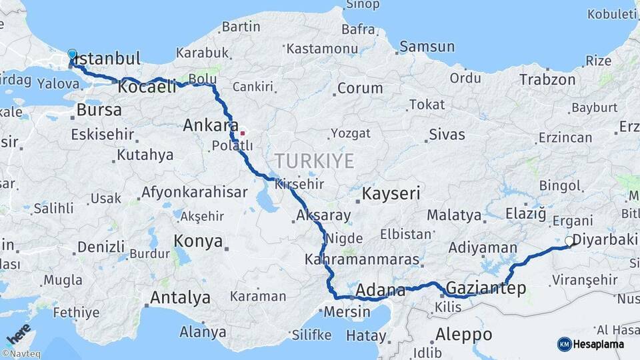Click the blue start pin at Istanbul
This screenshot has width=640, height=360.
(x=72, y=54)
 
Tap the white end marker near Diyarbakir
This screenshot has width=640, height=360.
(x=569, y=241)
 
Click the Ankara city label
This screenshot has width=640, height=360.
(x=211, y=125)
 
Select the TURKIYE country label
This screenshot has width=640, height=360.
(x=314, y=161)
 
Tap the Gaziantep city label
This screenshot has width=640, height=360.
(x=485, y=288)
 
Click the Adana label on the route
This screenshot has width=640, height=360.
(x=380, y=290)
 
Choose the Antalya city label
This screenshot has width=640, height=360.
(x=180, y=297)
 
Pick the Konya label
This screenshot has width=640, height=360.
(x=198, y=241)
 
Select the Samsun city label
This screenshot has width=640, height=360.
(x=427, y=47)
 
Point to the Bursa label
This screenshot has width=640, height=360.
(x=99, y=109)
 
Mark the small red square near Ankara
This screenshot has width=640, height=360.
(x=242, y=133)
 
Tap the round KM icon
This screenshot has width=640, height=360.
(x=564, y=344)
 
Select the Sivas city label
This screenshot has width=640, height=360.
(x=446, y=134)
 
